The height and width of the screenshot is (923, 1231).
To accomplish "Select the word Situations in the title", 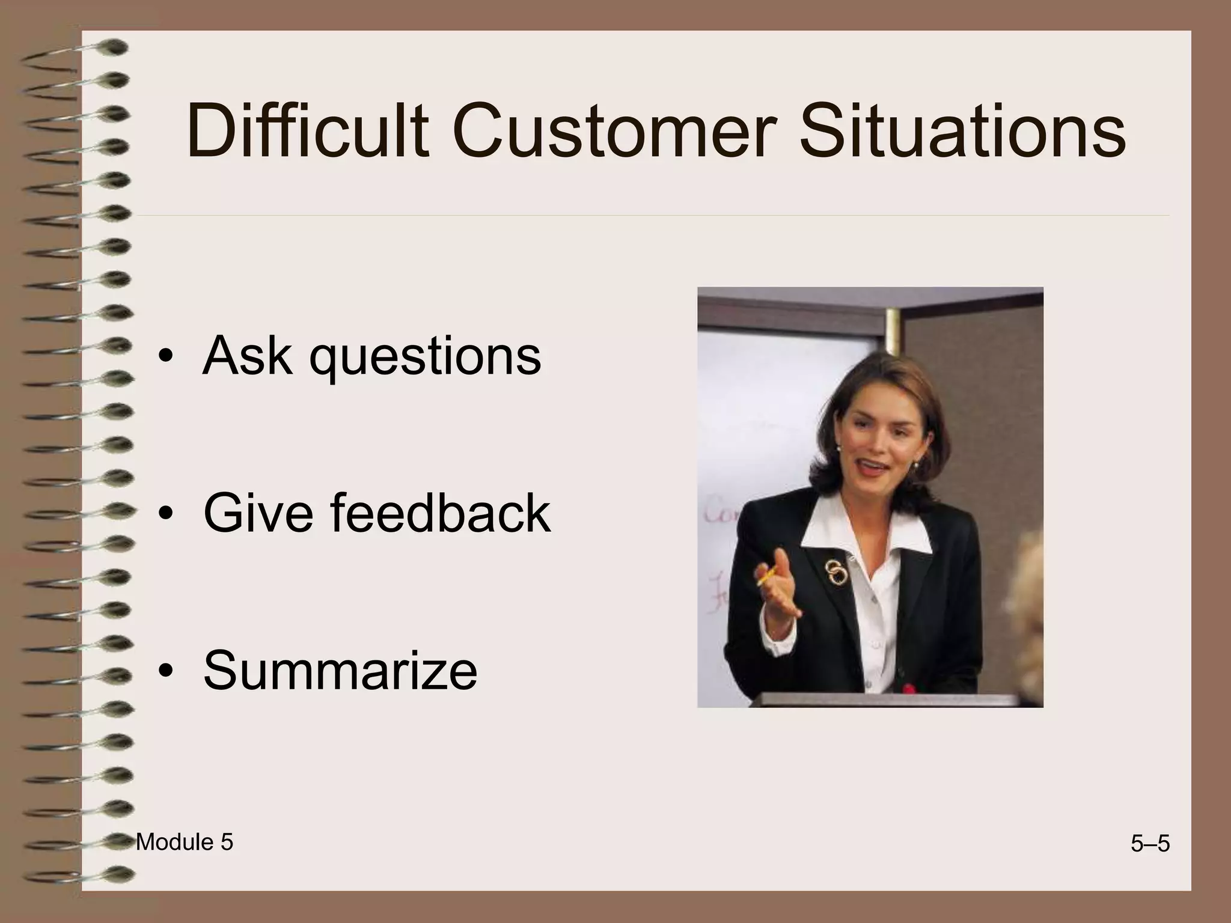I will pos(962,131).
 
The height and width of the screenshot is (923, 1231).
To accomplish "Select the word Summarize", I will pos(340,669).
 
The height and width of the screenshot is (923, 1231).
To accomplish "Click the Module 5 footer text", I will pos(184,842).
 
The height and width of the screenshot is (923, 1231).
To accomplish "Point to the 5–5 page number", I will pos(1150,844).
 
